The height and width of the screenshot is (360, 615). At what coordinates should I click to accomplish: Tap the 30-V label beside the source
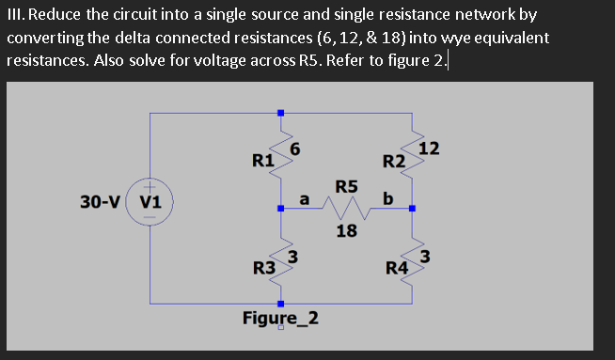pyautogui.click(x=100, y=202)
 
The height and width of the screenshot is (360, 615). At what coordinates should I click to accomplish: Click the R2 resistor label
pyautogui.click(x=393, y=162)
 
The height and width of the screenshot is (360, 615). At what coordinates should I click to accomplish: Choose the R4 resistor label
pyautogui.click(x=397, y=271)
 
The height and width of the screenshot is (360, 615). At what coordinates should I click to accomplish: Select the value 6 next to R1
pyautogui.click(x=294, y=148)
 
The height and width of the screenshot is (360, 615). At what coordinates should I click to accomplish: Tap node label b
pyautogui.click(x=387, y=198)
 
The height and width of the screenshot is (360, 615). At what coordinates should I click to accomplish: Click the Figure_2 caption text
pyautogui.click(x=280, y=317)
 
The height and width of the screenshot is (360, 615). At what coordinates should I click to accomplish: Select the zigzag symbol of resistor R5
pyautogui.click(x=345, y=207)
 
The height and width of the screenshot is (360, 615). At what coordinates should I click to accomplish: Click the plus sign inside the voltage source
pyautogui.click(x=150, y=189)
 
